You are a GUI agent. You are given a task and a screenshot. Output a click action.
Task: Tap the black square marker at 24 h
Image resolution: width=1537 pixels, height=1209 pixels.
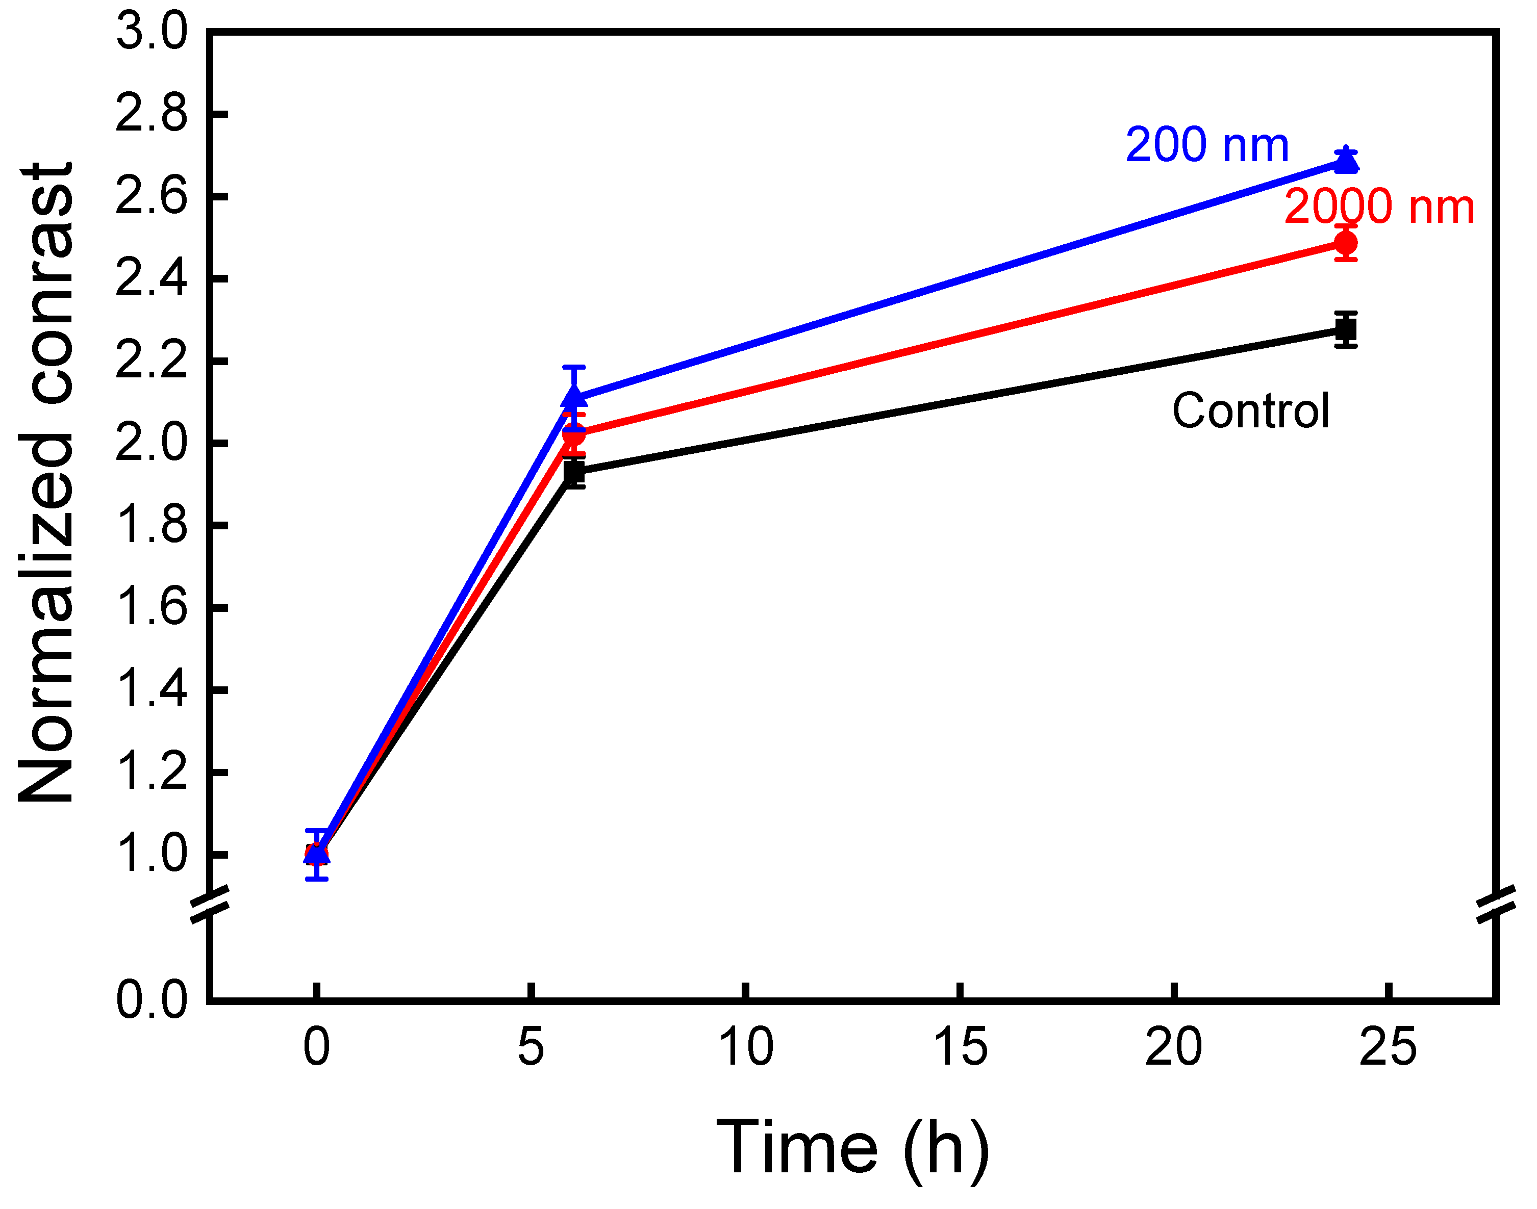[1345, 330]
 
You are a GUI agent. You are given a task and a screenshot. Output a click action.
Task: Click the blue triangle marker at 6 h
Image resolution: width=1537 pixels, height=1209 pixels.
[574, 397]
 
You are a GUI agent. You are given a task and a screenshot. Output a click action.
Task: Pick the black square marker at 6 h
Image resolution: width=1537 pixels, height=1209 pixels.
[574, 472]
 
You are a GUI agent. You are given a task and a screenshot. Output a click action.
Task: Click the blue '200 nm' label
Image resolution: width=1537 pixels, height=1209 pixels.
[1206, 145]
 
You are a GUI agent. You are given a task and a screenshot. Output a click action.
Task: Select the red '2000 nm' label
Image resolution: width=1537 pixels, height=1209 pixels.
[1378, 208]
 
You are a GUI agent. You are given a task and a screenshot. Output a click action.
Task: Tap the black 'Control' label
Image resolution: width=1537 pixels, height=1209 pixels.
[1251, 411]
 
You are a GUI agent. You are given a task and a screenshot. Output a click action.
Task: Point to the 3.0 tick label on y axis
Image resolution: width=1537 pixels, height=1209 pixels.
[152, 32]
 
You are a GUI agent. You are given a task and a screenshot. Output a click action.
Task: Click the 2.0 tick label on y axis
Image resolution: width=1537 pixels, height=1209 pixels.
[152, 444]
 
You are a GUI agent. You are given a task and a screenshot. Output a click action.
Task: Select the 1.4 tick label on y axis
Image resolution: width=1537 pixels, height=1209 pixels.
[152, 690]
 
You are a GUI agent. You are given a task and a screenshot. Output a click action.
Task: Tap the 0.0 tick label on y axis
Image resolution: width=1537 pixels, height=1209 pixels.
[152, 999]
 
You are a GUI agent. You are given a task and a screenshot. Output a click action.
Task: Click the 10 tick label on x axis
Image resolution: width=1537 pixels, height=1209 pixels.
[745, 1047]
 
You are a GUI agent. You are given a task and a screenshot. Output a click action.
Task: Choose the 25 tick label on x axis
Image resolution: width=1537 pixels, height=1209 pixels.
[1388, 1047]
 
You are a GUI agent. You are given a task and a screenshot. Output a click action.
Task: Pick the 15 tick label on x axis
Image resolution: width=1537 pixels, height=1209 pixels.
[960, 1047]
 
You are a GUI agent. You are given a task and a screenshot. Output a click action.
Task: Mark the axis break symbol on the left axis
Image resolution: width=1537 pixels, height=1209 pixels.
[210, 905]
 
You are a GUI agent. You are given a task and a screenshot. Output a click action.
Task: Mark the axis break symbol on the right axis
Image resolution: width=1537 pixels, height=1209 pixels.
[1496, 905]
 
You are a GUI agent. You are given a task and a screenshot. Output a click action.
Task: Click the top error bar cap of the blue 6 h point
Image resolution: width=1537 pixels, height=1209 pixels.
[574, 367]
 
